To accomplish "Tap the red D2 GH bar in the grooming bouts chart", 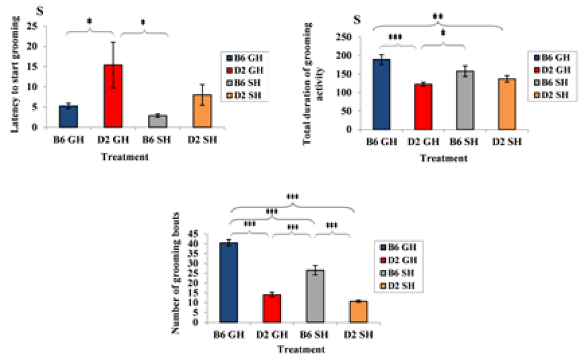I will [x=273, y=308].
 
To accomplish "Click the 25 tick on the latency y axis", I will [x=36, y=26].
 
